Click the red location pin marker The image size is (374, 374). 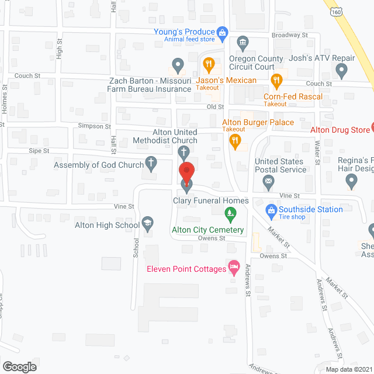[186, 171]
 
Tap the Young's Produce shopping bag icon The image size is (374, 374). [222, 33]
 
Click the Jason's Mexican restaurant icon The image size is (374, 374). [207, 64]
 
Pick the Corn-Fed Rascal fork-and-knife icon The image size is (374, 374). [278, 78]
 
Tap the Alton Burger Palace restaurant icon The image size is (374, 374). [235, 139]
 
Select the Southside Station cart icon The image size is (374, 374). [271, 209]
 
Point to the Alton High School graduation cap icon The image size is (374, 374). [148, 224]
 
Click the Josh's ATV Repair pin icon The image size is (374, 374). [342, 71]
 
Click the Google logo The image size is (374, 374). [19, 366]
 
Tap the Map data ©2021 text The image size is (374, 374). [348, 369]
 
